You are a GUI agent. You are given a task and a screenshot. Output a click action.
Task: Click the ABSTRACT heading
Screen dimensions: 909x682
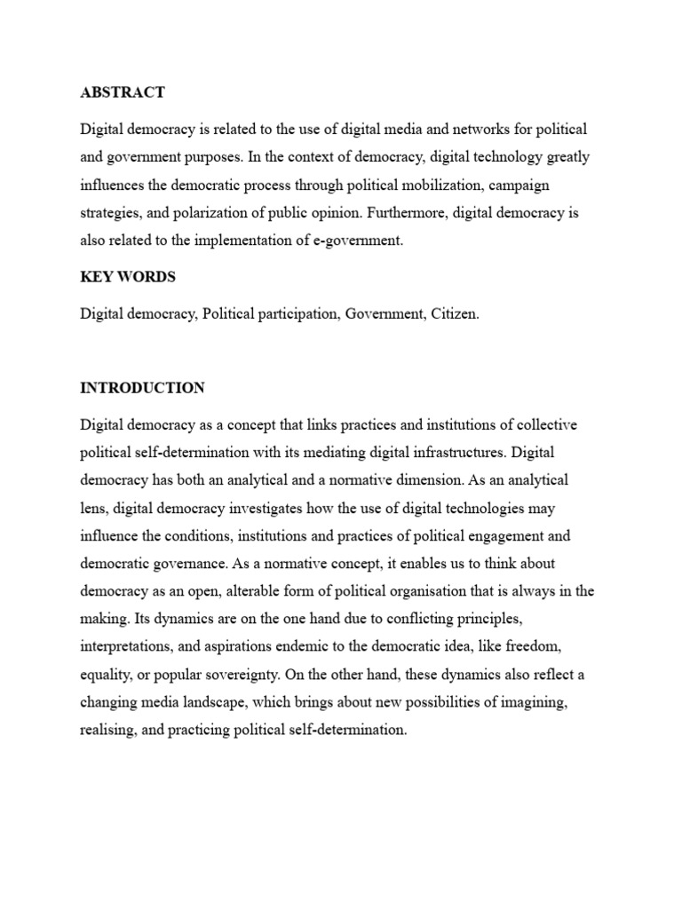pyautogui.click(x=123, y=92)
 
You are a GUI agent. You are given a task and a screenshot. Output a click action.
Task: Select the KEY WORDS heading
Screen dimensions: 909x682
pyautogui.click(x=128, y=276)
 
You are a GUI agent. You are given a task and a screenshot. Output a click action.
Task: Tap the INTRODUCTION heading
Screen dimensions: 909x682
pyautogui.click(x=142, y=388)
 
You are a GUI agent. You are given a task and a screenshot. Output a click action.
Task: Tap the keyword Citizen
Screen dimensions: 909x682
pyautogui.click(x=451, y=314)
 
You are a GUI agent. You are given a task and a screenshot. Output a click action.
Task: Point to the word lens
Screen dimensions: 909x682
pyautogui.click(x=94, y=508)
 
